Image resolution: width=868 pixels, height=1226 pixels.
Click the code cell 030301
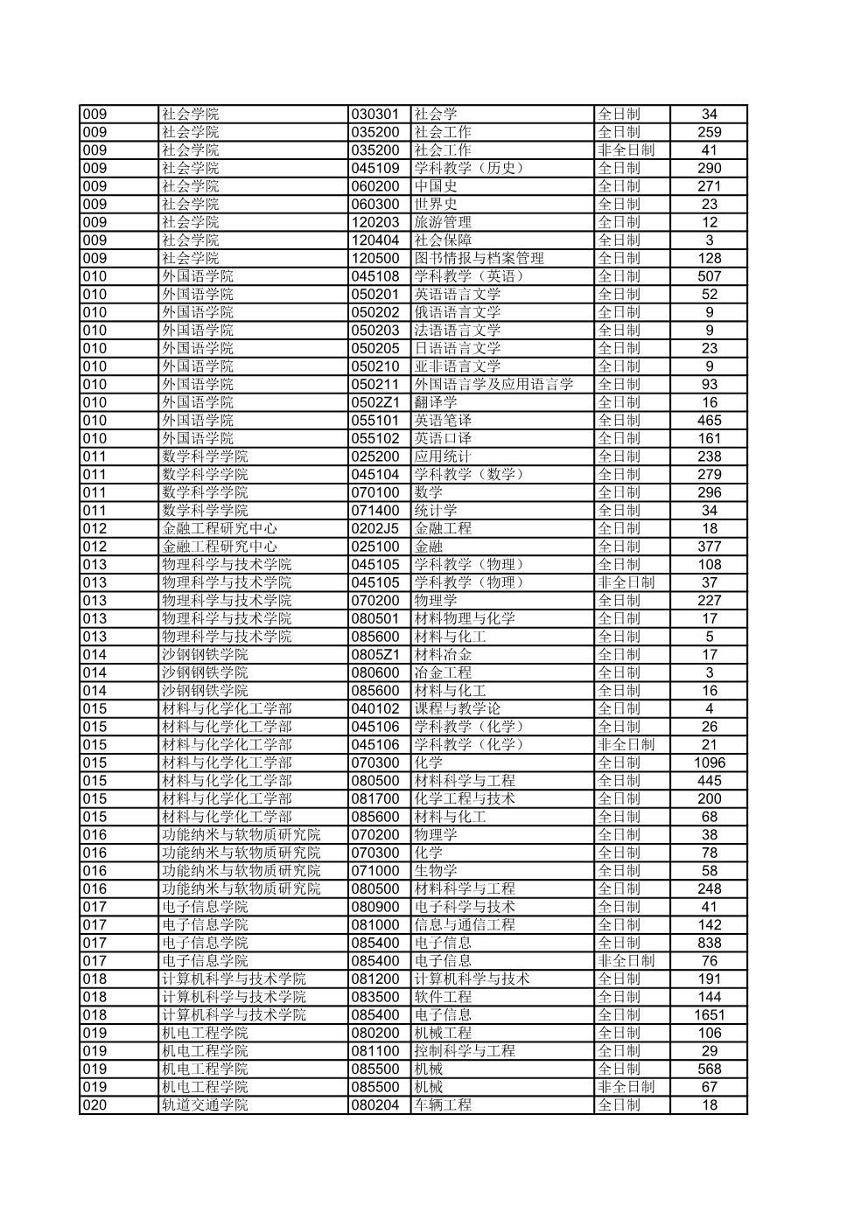375,114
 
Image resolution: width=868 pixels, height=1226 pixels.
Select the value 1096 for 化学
709,763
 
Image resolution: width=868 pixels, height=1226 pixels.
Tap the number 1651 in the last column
709,1014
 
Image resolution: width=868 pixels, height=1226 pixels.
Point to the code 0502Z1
375,402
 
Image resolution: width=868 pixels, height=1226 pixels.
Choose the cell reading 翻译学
435,402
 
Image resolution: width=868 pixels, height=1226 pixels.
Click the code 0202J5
375,528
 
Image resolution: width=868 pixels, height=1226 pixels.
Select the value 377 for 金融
709,547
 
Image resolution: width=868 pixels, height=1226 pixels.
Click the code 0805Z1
375,654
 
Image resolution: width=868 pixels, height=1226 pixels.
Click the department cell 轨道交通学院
205,1104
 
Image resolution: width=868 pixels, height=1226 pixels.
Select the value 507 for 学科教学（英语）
709,276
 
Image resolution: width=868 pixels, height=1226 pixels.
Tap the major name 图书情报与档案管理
479,258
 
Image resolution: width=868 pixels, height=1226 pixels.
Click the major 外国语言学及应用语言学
493,384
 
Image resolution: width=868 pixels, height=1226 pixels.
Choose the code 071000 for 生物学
375,871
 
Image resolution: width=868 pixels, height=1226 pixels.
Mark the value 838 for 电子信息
709,943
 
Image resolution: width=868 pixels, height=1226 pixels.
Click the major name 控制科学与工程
464,1051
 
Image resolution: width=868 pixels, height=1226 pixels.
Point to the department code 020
94,1104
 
